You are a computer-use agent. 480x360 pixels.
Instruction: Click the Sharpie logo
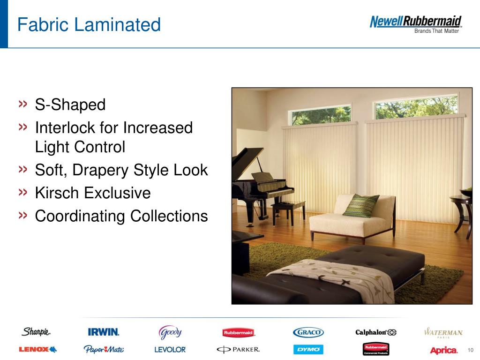click(36, 331)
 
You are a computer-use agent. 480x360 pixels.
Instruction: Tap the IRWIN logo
click(104, 332)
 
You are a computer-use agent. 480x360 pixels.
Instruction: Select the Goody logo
click(170, 332)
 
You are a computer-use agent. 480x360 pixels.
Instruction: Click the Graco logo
click(308, 332)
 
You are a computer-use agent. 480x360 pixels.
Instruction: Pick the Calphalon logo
click(376, 332)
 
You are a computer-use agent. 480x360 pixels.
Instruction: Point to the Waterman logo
click(443, 332)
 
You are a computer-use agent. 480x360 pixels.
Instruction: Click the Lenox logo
click(37, 349)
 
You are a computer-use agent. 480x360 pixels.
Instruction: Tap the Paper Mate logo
click(104, 349)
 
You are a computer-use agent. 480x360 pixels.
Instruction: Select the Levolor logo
click(170, 350)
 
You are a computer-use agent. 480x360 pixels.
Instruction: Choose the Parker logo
click(238, 349)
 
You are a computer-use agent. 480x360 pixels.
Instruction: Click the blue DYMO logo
click(308, 349)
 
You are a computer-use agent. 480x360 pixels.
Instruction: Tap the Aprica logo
click(443, 350)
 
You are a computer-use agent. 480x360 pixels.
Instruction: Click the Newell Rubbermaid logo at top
click(416, 24)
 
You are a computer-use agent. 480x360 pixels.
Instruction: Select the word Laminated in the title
click(117, 24)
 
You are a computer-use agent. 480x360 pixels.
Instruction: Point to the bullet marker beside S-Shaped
click(23, 104)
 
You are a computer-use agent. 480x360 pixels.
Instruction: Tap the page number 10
click(471, 350)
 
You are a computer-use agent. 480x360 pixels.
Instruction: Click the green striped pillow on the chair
click(361, 205)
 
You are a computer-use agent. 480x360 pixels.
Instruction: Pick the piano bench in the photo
click(288, 211)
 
